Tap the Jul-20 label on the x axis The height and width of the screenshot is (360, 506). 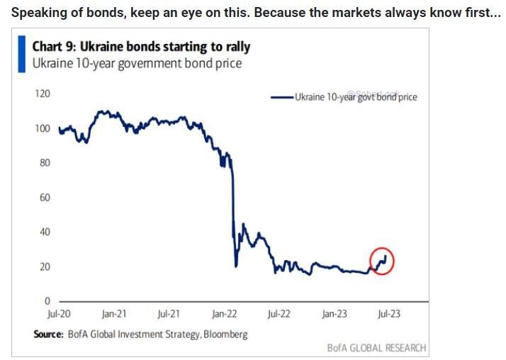60,313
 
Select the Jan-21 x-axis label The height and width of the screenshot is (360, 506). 113,313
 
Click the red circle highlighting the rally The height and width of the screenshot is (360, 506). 382,261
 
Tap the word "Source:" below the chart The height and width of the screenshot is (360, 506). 48,334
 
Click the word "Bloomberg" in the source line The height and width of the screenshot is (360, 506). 225,334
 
